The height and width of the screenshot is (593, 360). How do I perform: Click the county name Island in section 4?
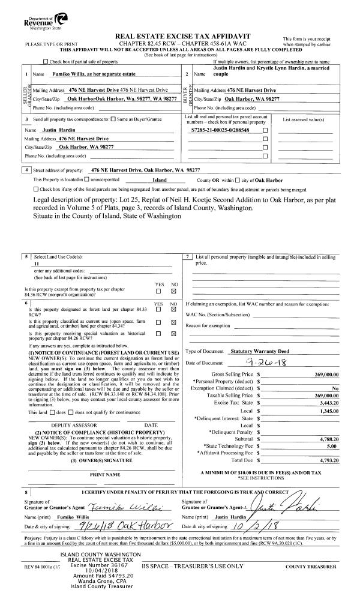(160, 179)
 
